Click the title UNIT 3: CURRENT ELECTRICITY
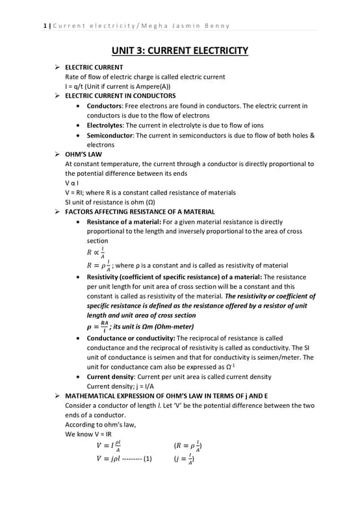coord(180,50)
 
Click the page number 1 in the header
coord(44,26)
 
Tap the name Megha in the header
coord(151,26)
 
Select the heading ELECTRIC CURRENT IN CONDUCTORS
coord(120,95)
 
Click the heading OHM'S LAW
coord(83,155)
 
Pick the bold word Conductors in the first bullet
coord(104,105)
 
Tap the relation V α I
coord(73,183)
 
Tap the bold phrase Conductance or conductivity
coord(130,338)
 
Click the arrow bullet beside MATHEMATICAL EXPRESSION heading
coord(58,395)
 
